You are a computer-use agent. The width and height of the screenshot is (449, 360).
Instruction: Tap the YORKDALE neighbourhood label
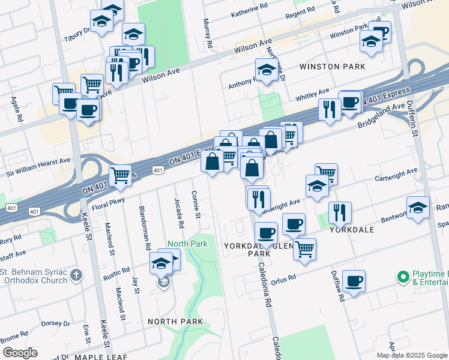tap(352, 230)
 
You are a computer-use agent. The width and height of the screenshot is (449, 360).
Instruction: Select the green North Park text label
tap(187, 244)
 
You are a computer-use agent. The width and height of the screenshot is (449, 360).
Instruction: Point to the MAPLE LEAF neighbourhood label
tap(100, 357)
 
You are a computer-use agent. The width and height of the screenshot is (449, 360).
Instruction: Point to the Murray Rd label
tap(208, 34)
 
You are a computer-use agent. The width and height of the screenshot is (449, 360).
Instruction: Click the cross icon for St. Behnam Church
tap(75, 275)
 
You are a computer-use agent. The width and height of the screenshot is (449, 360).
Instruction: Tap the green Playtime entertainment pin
tap(402, 277)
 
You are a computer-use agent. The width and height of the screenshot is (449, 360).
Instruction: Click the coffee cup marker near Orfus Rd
tap(354, 280)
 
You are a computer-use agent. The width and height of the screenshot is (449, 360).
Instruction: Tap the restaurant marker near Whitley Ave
tap(330, 109)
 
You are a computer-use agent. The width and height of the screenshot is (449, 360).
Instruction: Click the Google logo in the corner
tap(20, 353)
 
